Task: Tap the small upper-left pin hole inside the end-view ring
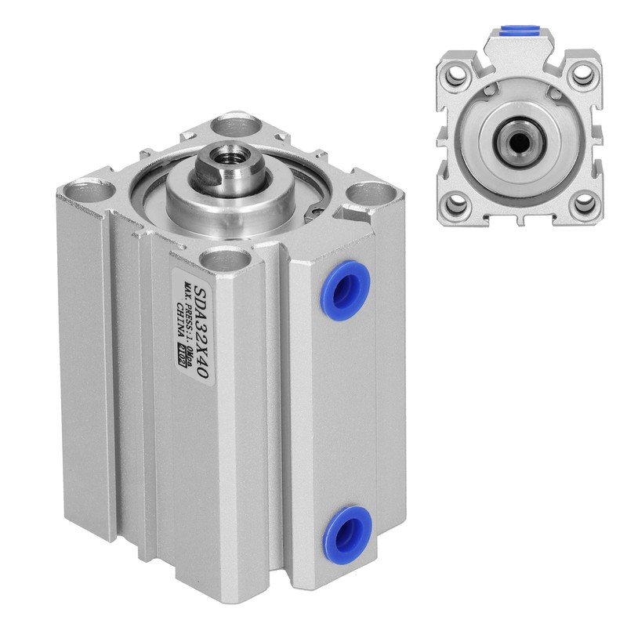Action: [x=488, y=92]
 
